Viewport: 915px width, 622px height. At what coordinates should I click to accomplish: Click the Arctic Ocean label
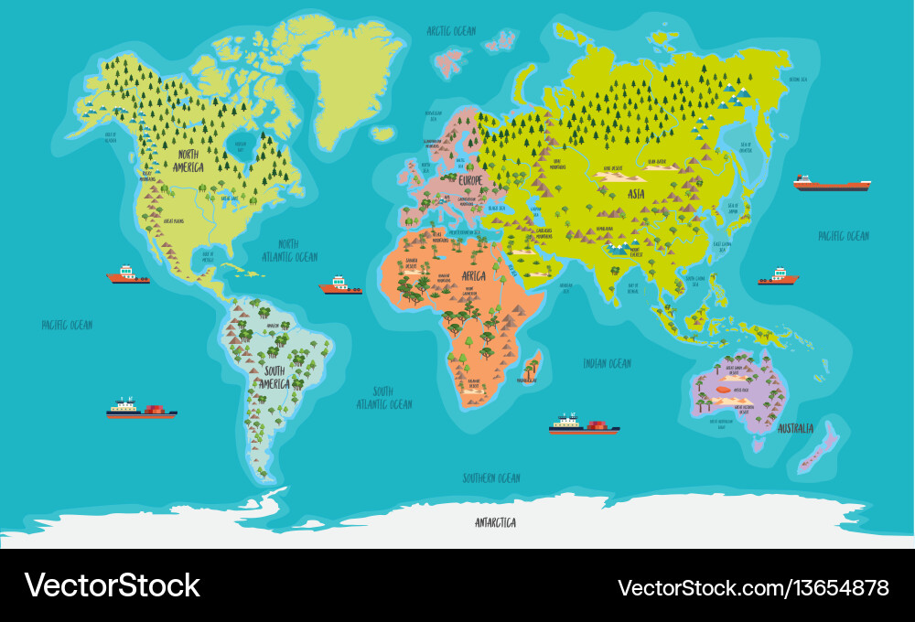coord(451,31)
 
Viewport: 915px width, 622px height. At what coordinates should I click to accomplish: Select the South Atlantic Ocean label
coord(384,397)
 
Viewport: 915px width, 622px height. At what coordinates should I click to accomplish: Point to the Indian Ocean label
coord(608,363)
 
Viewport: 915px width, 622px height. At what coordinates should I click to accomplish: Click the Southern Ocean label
coord(490,477)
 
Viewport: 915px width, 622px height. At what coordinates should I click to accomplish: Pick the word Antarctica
coord(495,522)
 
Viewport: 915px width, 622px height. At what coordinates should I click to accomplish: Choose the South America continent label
coord(277,377)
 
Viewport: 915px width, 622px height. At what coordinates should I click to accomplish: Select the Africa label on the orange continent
coord(473,275)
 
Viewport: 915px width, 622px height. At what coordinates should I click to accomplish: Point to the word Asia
coord(637,194)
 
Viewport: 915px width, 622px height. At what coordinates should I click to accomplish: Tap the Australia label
coord(796,428)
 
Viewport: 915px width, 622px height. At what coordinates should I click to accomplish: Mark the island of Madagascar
coord(532,366)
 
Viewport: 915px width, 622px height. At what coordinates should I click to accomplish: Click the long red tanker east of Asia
coord(831,184)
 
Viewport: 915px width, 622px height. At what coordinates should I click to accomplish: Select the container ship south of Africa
coord(584,424)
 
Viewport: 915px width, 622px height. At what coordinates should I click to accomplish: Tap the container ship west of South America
coord(141,409)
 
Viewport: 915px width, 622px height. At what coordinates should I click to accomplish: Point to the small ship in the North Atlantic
coord(340,286)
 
